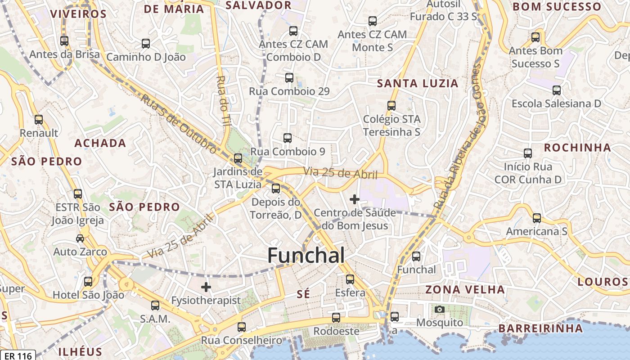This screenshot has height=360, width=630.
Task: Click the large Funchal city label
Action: [306, 255]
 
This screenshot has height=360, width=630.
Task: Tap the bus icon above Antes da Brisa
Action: [64, 41]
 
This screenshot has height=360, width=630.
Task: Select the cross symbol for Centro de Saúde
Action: [355, 199]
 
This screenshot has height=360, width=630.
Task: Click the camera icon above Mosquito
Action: [439, 310]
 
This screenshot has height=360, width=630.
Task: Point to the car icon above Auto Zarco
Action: [80, 238]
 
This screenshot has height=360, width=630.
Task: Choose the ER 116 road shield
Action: [18, 355]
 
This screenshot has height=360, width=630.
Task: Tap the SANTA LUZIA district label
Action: [417, 83]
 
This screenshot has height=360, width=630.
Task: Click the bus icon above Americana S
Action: [536, 218]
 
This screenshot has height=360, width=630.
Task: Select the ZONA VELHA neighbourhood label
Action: [465, 289]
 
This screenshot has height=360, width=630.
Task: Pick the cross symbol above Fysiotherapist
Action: [206, 287]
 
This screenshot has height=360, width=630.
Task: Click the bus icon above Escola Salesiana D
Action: [557, 90]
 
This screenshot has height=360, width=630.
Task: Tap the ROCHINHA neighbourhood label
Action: [577, 148]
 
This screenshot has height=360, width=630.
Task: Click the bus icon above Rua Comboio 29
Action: [289, 78]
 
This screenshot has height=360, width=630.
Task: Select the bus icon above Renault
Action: [39, 120]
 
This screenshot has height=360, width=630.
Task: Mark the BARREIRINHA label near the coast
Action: [540, 328]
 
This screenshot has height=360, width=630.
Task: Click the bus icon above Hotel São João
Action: [88, 282]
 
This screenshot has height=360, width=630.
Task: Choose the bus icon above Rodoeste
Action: [336, 318]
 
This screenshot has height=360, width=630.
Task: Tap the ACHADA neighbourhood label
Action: [100, 143]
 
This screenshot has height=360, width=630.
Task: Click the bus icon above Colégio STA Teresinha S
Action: [391, 106]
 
